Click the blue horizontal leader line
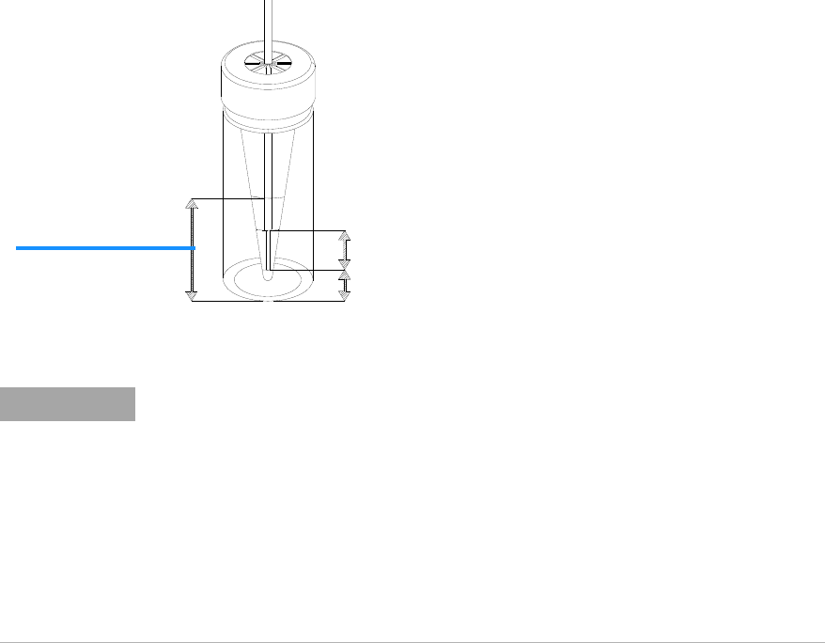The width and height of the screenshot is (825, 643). (x=103, y=247)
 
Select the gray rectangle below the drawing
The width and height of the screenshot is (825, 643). (x=68, y=404)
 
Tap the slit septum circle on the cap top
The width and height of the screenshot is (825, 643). (x=268, y=64)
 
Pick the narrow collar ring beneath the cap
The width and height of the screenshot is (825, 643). (x=268, y=122)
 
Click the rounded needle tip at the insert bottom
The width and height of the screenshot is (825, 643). (x=268, y=277)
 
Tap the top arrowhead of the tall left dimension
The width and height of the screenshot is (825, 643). (x=192, y=203)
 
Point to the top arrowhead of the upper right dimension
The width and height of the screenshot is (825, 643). (x=345, y=235)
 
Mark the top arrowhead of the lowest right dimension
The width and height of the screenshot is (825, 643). (x=345, y=275)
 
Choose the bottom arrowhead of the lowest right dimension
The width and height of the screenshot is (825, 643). (x=345, y=296)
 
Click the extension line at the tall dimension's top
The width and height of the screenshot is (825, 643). (x=226, y=198)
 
